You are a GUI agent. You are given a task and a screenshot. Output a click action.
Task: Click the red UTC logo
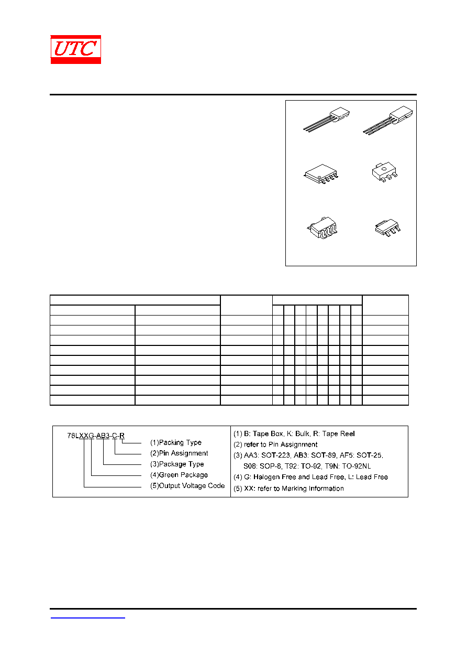click(x=75, y=49)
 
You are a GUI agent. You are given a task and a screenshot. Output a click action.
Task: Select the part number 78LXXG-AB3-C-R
click(x=96, y=436)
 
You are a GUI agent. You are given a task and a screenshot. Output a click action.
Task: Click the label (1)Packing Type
click(x=175, y=442)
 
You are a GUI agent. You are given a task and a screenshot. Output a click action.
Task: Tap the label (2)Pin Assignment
click(x=179, y=453)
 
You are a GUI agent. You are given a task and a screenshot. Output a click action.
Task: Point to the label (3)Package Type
click(x=177, y=464)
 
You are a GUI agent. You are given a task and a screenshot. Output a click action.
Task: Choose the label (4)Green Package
click(x=179, y=475)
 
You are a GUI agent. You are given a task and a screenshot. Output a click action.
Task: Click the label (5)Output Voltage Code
click(x=187, y=485)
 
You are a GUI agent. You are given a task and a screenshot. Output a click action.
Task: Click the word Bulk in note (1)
click(x=302, y=433)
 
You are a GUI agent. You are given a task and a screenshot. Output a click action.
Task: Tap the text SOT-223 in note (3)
click(x=275, y=455)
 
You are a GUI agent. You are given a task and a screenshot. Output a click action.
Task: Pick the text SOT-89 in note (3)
click(x=323, y=455)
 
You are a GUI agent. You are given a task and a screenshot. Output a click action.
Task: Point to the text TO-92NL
click(x=357, y=466)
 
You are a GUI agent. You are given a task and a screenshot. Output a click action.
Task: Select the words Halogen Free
click(x=274, y=476)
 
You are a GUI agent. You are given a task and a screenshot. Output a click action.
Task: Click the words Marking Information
click(x=313, y=488)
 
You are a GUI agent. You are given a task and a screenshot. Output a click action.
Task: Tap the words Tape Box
click(x=264, y=433)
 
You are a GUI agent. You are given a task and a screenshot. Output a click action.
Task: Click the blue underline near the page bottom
click(x=87, y=617)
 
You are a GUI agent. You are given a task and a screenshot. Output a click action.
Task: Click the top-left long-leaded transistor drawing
click(x=327, y=120)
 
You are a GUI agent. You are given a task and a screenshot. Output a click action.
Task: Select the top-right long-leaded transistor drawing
click(x=387, y=120)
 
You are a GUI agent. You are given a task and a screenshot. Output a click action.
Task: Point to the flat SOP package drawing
click(x=321, y=174)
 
